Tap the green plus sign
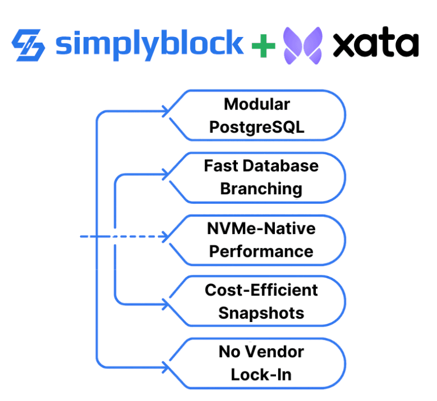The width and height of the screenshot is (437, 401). [263, 45]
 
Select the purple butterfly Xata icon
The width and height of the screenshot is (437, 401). [303, 45]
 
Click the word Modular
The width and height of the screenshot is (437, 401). [257, 105]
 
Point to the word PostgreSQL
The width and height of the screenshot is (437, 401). [257, 127]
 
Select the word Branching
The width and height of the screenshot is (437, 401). [261, 189]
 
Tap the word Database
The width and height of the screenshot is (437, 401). [287, 166]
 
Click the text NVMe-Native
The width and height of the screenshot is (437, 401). [261, 228]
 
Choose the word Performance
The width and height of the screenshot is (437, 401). [261, 250]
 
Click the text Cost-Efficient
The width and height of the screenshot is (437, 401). [261, 290]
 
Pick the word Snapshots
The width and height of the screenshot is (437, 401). [261, 312]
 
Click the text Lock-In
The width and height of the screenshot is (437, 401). [261, 374]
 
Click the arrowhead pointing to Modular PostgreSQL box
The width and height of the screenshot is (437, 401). [166, 111]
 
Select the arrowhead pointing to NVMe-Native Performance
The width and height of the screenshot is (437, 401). [166, 236]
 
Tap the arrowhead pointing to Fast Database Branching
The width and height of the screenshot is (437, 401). [166, 174]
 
